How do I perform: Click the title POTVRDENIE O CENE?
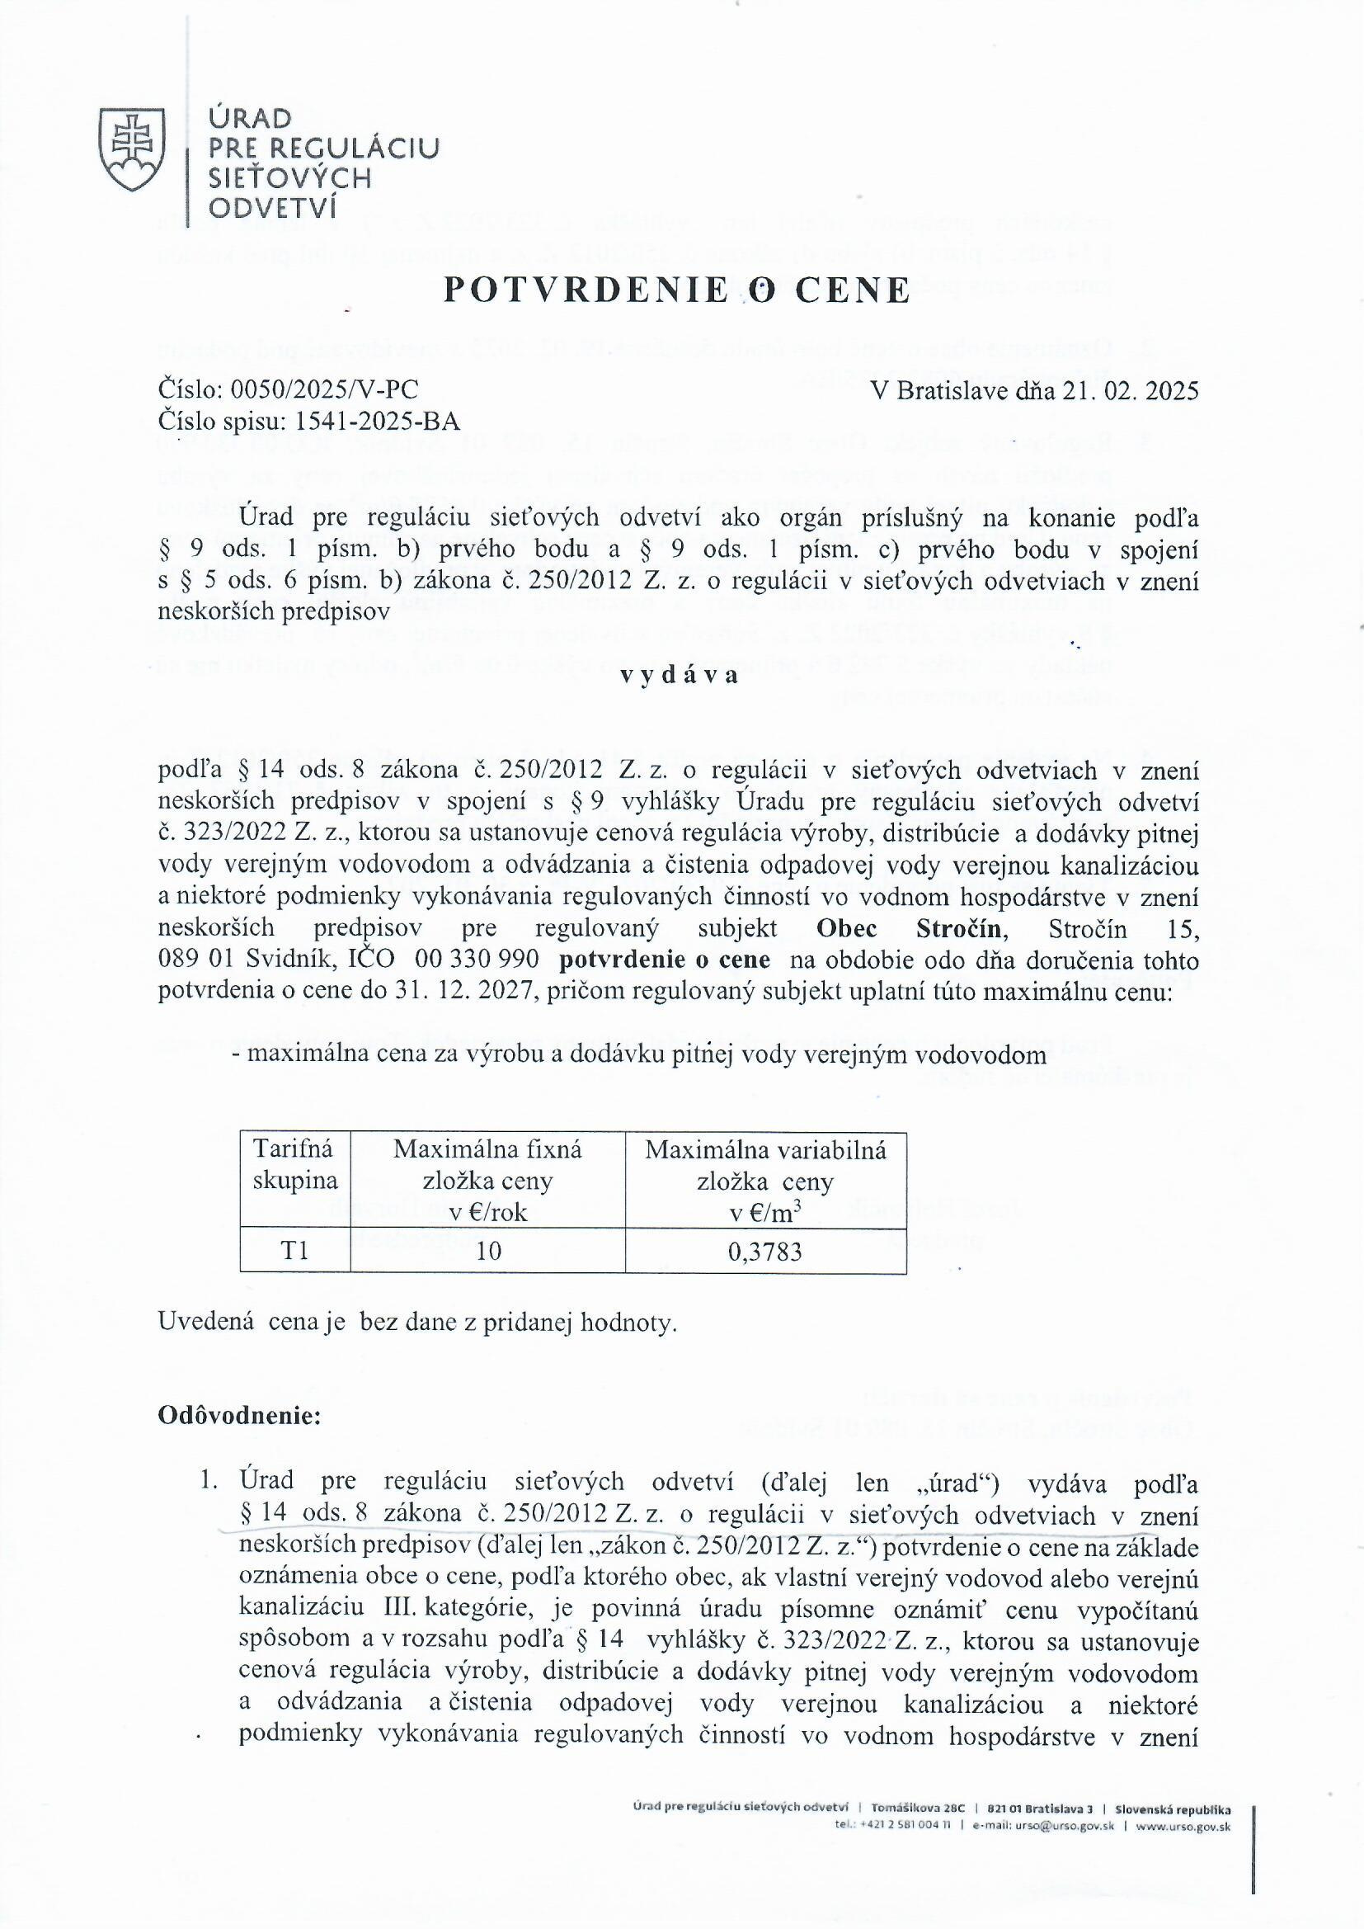click(x=676, y=290)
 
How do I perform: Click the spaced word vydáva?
click(x=680, y=677)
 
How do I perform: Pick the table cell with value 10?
click(x=488, y=1252)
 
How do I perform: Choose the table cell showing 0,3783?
click(x=764, y=1252)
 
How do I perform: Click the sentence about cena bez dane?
click(x=416, y=1323)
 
